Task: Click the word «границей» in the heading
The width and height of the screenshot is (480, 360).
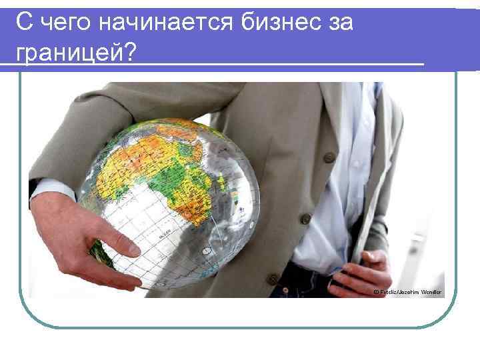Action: tap(67, 51)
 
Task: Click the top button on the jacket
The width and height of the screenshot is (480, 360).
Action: tap(329, 158)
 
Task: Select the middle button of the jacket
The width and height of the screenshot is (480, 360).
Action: tap(305, 219)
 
